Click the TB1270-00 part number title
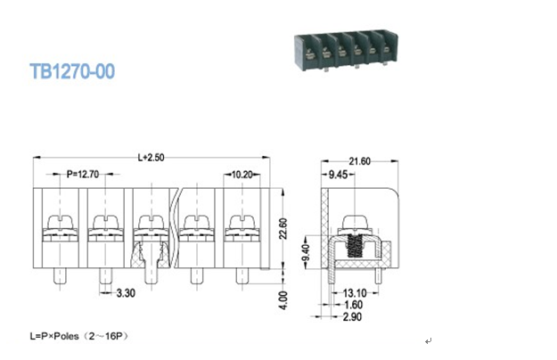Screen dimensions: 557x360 [x=72, y=71]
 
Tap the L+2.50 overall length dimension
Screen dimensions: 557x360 [x=151, y=158]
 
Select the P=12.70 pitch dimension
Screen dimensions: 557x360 [x=83, y=175]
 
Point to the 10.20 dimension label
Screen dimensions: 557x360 [x=242, y=175]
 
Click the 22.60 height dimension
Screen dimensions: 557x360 [x=283, y=229]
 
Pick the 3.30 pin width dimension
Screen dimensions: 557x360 [x=126, y=293]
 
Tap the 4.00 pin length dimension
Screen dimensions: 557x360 [x=283, y=300]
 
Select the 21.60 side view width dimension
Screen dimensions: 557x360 [x=359, y=161]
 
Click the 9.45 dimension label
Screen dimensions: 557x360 [x=338, y=175]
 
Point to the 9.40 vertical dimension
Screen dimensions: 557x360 [x=306, y=252]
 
